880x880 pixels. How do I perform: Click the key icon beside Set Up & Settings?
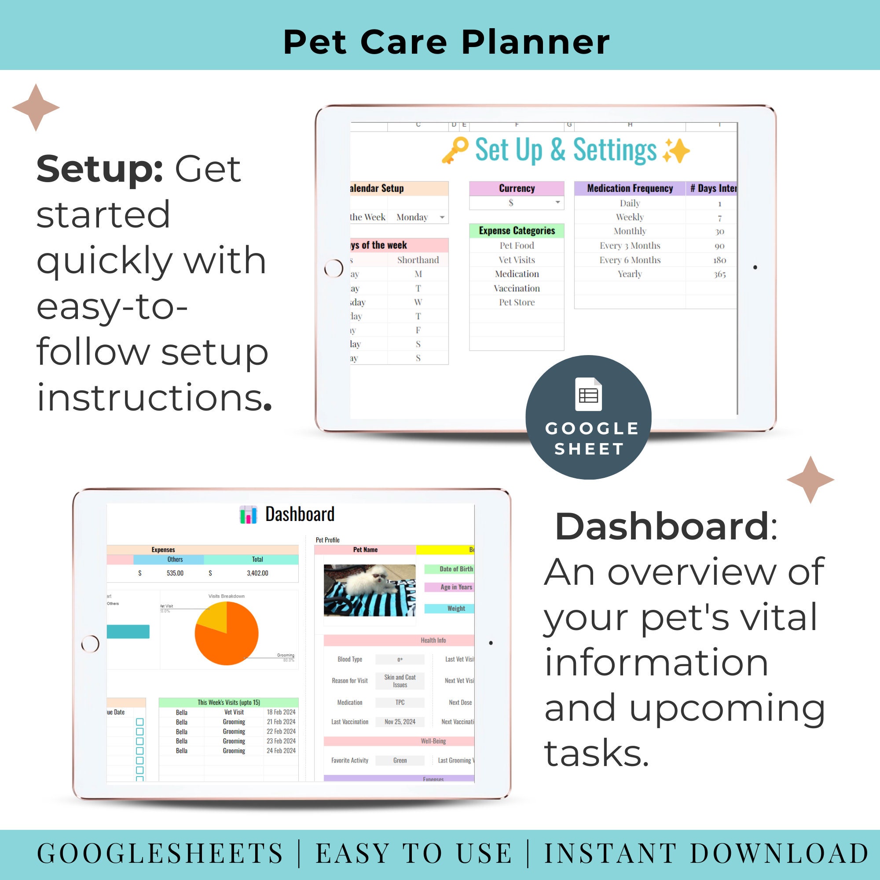tap(455, 150)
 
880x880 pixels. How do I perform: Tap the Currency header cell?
tap(517, 188)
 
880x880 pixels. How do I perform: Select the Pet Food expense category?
tap(517, 246)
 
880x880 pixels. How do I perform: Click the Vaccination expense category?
tap(517, 288)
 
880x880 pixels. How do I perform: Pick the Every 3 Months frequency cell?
tap(630, 246)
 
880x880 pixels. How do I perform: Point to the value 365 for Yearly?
tap(719, 274)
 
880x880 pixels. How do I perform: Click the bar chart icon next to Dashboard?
tap(248, 515)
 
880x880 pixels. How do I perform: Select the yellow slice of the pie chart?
tap(213, 616)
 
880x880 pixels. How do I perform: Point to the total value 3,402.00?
tap(257, 573)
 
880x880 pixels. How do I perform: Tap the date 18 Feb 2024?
tap(281, 712)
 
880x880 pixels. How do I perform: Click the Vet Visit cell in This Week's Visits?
tap(234, 712)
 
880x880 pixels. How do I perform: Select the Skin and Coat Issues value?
tap(400, 681)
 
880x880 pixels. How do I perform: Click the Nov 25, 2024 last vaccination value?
tap(400, 722)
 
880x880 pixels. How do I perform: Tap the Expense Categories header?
tap(517, 231)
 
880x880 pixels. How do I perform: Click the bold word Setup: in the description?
tap(99, 169)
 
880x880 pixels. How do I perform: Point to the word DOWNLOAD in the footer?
tap(779, 853)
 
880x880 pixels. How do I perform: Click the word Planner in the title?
tap(535, 42)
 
